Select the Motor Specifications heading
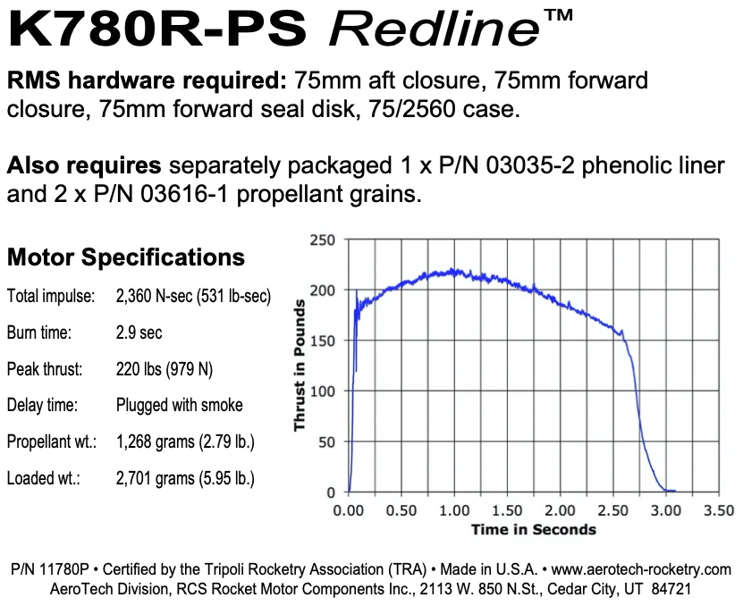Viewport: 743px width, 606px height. (x=125, y=257)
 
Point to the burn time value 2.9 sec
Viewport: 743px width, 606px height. (x=139, y=332)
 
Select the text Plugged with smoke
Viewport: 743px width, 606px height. (x=179, y=405)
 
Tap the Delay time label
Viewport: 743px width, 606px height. (x=40, y=405)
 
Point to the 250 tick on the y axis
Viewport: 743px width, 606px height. (x=322, y=240)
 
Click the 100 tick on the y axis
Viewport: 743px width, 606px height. (x=322, y=391)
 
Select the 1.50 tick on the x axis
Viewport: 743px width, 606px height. (x=508, y=510)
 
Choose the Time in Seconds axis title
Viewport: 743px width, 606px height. (x=533, y=529)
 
